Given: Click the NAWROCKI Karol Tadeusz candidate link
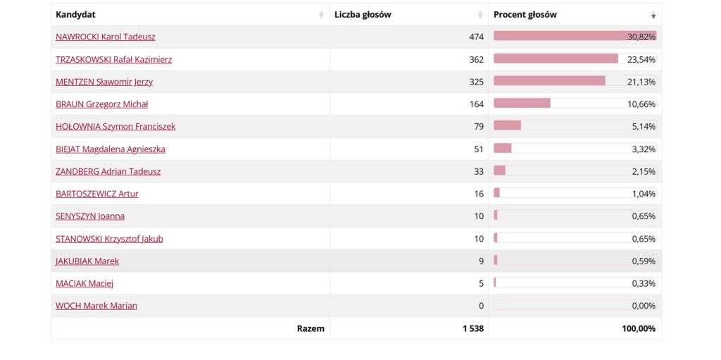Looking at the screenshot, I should [x=106, y=37].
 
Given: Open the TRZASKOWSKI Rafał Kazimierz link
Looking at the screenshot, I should [x=113, y=59].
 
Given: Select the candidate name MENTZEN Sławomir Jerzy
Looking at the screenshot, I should [x=104, y=82].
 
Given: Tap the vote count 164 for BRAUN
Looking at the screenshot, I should [x=476, y=104].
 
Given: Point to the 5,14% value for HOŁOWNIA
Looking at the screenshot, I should [x=644, y=127].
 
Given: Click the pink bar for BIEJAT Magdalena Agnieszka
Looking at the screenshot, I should [x=503, y=149].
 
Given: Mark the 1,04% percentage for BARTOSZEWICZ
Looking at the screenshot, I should [x=644, y=194].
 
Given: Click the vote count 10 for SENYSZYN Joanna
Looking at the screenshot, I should [x=479, y=216].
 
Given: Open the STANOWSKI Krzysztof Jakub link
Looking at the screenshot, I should [x=109, y=239].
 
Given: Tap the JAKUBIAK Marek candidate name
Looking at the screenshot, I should [x=87, y=261].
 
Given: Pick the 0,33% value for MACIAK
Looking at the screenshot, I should [x=644, y=284].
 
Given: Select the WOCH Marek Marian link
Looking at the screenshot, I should [x=96, y=306].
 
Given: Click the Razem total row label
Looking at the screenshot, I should [x=311, y=328].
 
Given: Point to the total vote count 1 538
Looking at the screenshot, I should [x=473, y=328].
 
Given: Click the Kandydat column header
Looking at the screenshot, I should [x=76, y=15].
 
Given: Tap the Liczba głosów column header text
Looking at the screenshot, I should [x=363, y=15].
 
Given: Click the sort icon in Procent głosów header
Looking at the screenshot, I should [x=653, y=15].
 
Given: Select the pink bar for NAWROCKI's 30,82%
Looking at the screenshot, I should [x=560, y=36].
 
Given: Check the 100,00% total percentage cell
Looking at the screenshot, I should [x=639, y=328].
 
